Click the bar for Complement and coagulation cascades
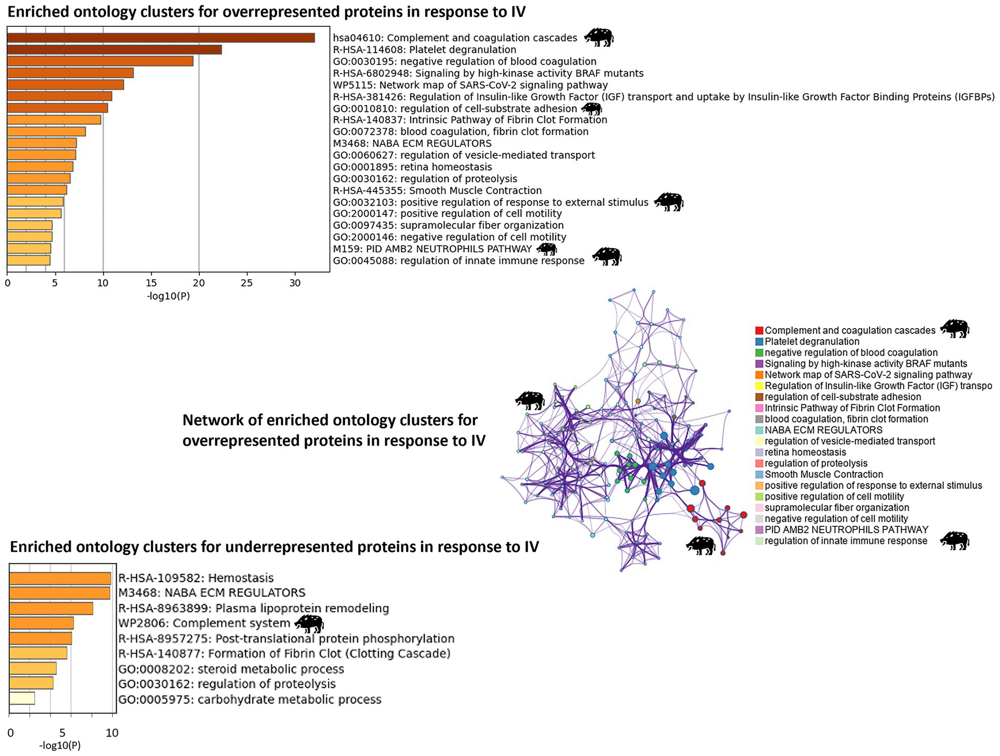(160, 38)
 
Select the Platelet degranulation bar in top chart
(114, 49)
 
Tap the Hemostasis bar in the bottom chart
(60, 578)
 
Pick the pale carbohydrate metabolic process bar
(22, 699)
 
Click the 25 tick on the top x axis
(247, 283)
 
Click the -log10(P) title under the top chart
(168, 296)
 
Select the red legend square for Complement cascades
(759, 331)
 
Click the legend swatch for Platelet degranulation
(759, 342)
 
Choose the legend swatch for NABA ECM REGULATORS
(759, 430)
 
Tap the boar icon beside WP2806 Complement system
(309, 624)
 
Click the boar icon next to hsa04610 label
(598, 37)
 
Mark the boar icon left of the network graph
(529, 400)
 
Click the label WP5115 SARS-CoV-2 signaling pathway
(470, 85)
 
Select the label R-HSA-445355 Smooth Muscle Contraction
(437, 190)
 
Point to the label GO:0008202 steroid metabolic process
(231, 669)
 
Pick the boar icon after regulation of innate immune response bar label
(607, 257)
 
